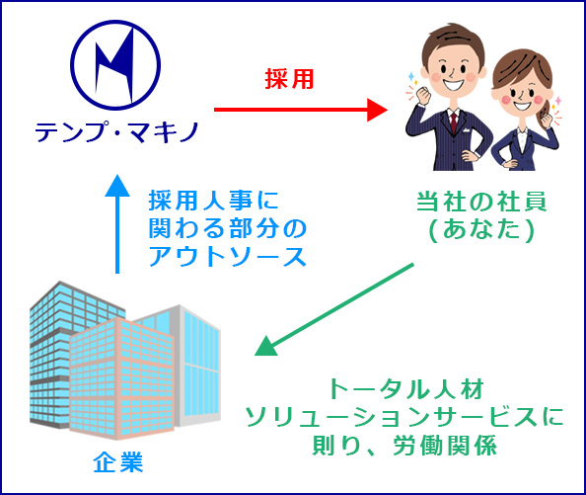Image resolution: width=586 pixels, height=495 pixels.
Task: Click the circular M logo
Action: (115, 65)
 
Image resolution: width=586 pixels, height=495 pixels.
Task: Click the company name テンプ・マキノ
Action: (117, 132)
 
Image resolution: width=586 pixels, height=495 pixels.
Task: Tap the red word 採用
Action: (289, 79)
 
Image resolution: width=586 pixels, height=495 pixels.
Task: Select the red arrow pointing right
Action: (301, 110)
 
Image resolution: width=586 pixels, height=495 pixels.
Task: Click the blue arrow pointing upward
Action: (117, 223)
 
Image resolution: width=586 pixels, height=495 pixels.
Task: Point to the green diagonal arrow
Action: (334, 309)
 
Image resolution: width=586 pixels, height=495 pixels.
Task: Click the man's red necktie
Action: (454, 123)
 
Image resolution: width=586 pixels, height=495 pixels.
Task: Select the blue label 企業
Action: (118, 462)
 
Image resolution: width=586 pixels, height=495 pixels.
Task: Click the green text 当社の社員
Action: (481, 202)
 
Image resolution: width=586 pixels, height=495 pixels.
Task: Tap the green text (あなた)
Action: (481, 229)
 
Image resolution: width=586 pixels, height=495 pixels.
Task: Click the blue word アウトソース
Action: (228, 256)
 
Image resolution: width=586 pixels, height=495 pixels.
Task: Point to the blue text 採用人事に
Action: (214, 201)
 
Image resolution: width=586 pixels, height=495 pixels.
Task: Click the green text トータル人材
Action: (405, 388)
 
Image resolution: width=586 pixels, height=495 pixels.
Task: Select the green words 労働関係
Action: (445, 445)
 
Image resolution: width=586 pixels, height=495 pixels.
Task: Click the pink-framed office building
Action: (121, 377)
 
